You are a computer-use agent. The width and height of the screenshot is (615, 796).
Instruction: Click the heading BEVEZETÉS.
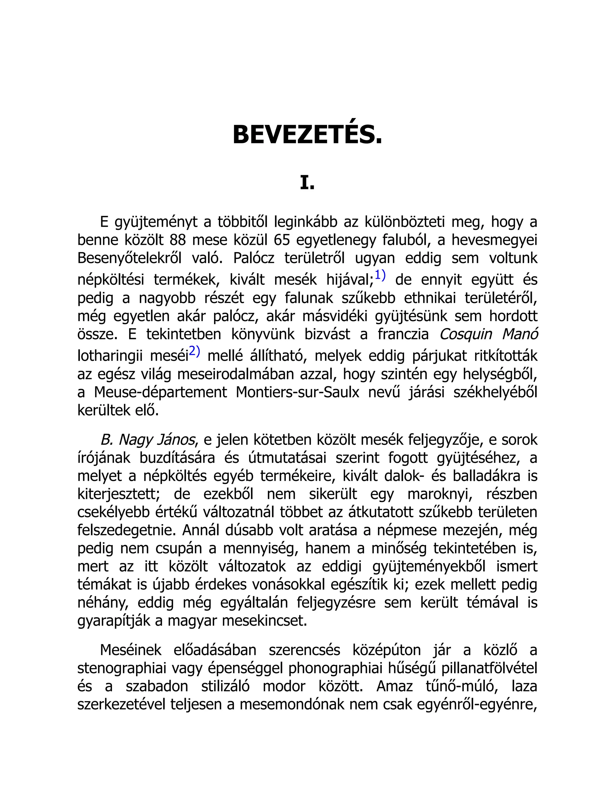click(x=307, y=135)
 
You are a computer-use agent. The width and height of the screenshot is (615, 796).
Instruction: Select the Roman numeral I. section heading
click(x=307, y=183)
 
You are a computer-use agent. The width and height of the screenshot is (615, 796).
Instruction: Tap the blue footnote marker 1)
click(x=380, y=275)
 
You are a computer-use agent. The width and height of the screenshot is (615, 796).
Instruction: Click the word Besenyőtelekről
click(x=129, y=258)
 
